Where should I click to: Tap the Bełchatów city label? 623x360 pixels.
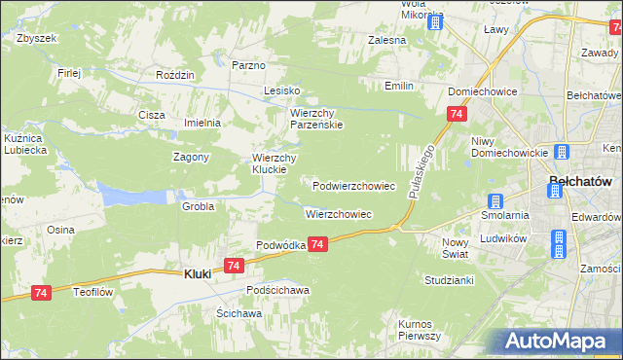tap(580, 181)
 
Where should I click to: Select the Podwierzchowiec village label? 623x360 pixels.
tap(353, 185)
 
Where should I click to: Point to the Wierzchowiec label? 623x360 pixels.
tap(338, 213)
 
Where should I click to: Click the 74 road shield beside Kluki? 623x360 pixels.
tap(233, 265)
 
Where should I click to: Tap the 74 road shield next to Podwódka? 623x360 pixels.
tap(318, 247)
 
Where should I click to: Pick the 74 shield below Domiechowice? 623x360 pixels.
tap(456, 115)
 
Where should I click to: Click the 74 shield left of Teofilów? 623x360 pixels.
tap(41, 293)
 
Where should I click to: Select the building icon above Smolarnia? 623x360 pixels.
tap(495, 200)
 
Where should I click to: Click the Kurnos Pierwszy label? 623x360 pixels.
tap(420, 329)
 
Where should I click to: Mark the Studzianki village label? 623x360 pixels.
tap(449, 280)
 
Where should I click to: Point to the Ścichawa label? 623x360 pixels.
tap(238, 313)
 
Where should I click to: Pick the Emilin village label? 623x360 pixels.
tap(398, 87)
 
